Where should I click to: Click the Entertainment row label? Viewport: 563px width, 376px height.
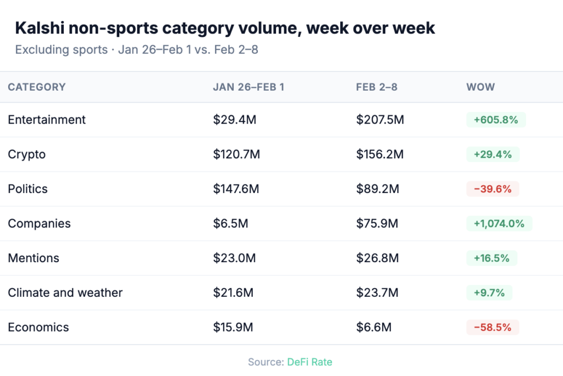[x=47, y=120]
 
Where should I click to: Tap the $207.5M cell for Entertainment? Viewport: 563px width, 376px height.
[x=380, y=120]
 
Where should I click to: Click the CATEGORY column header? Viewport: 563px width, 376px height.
[x=37, y=87]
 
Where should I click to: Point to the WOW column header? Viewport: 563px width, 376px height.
[x=481, y=87]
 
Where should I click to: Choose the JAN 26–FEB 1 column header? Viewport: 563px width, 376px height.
[x=249, y=87]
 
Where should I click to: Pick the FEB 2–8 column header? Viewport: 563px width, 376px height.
[x=377, y=87]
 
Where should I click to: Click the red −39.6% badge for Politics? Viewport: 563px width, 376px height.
[x=493, y=189]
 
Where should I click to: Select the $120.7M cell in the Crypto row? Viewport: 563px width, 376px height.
[x=236, y=154]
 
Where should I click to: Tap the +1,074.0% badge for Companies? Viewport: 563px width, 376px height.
[x=499, y=224]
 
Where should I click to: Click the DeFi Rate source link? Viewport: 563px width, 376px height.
[x=310, y=362]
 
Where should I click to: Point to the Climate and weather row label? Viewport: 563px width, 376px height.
[x=65, y=293]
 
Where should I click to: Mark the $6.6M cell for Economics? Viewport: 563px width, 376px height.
[x=374, y=328]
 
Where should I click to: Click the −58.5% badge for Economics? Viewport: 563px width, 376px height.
[x=493, y=328]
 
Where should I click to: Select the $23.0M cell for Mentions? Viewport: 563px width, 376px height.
[x=234, y=258]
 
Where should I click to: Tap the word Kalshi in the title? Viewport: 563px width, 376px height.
[x=41, y=29]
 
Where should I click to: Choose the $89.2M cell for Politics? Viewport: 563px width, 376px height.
[x=378, y=189]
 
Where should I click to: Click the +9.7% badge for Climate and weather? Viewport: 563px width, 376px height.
[x=489, y=293]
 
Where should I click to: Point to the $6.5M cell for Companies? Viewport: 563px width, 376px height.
[x=230, y=224]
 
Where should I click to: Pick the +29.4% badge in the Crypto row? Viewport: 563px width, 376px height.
[x=493, y=154]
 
